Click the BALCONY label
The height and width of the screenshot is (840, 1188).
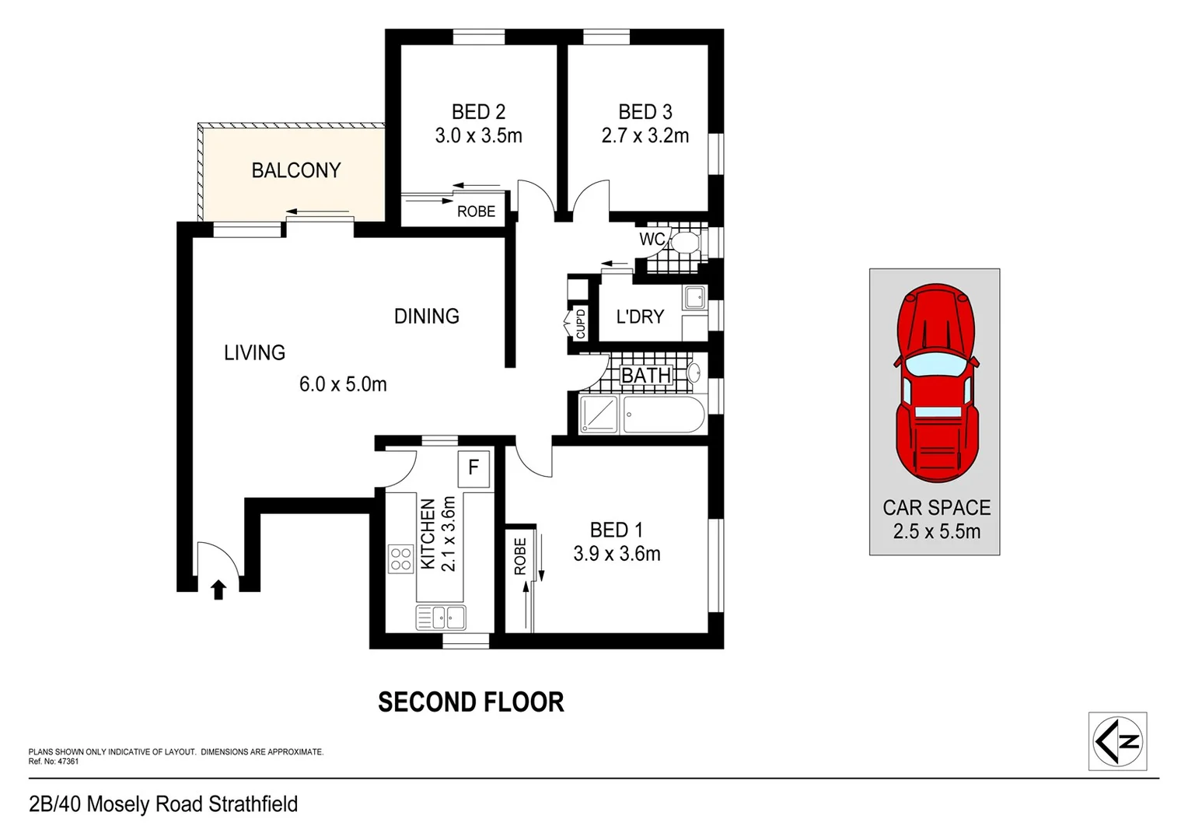[296, 170]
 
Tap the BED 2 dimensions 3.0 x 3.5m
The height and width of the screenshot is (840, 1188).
[478, 136]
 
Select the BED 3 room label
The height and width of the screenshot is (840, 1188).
[645, 112]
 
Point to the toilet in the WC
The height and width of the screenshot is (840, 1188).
[685, 242]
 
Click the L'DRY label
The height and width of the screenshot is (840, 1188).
[640, 317]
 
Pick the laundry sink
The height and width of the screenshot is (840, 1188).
[694, 297]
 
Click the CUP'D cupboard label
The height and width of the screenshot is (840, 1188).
[580, 324]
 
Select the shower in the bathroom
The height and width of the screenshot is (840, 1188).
[599, 415]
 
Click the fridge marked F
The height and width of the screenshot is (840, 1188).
[473, 468]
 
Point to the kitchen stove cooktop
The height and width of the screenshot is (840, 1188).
[400, 558]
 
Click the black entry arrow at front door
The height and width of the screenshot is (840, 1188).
[218, 590]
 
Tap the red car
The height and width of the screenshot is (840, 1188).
[936, 382]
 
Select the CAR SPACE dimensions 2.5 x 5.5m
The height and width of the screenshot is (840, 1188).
[936, 532]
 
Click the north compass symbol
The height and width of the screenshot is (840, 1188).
[1117, 741]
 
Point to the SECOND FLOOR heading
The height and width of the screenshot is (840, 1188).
[470, 702]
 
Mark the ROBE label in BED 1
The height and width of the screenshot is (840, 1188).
[520, 556]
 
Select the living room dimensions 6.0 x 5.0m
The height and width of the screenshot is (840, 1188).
[343, 384]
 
